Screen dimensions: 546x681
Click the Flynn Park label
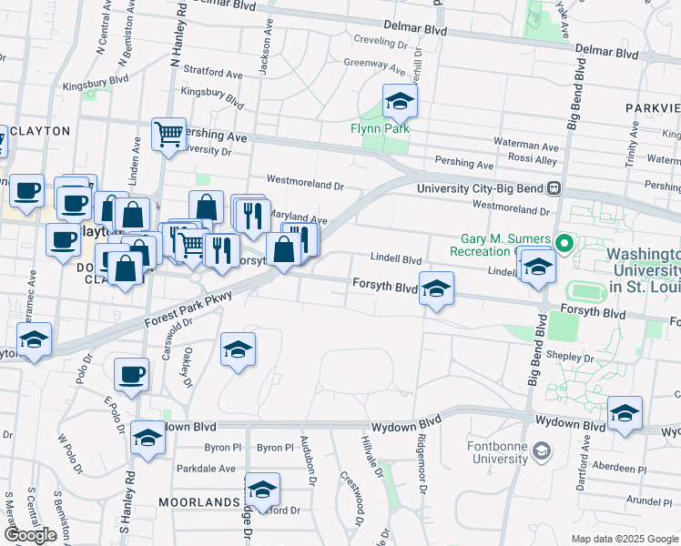pyautogui.click(x=381, y=128)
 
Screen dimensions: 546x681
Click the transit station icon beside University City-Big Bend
pyautogui.click(x=553, y=188)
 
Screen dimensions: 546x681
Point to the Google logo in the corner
pyautogui.click(x=30, y=535)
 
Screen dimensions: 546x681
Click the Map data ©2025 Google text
pyautogui.click(x=624, y=539)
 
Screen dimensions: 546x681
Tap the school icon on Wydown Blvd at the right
pyautogui.click(x=625, y=413)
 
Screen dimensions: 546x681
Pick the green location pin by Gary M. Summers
pyautogui.click(x=564, y=244)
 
